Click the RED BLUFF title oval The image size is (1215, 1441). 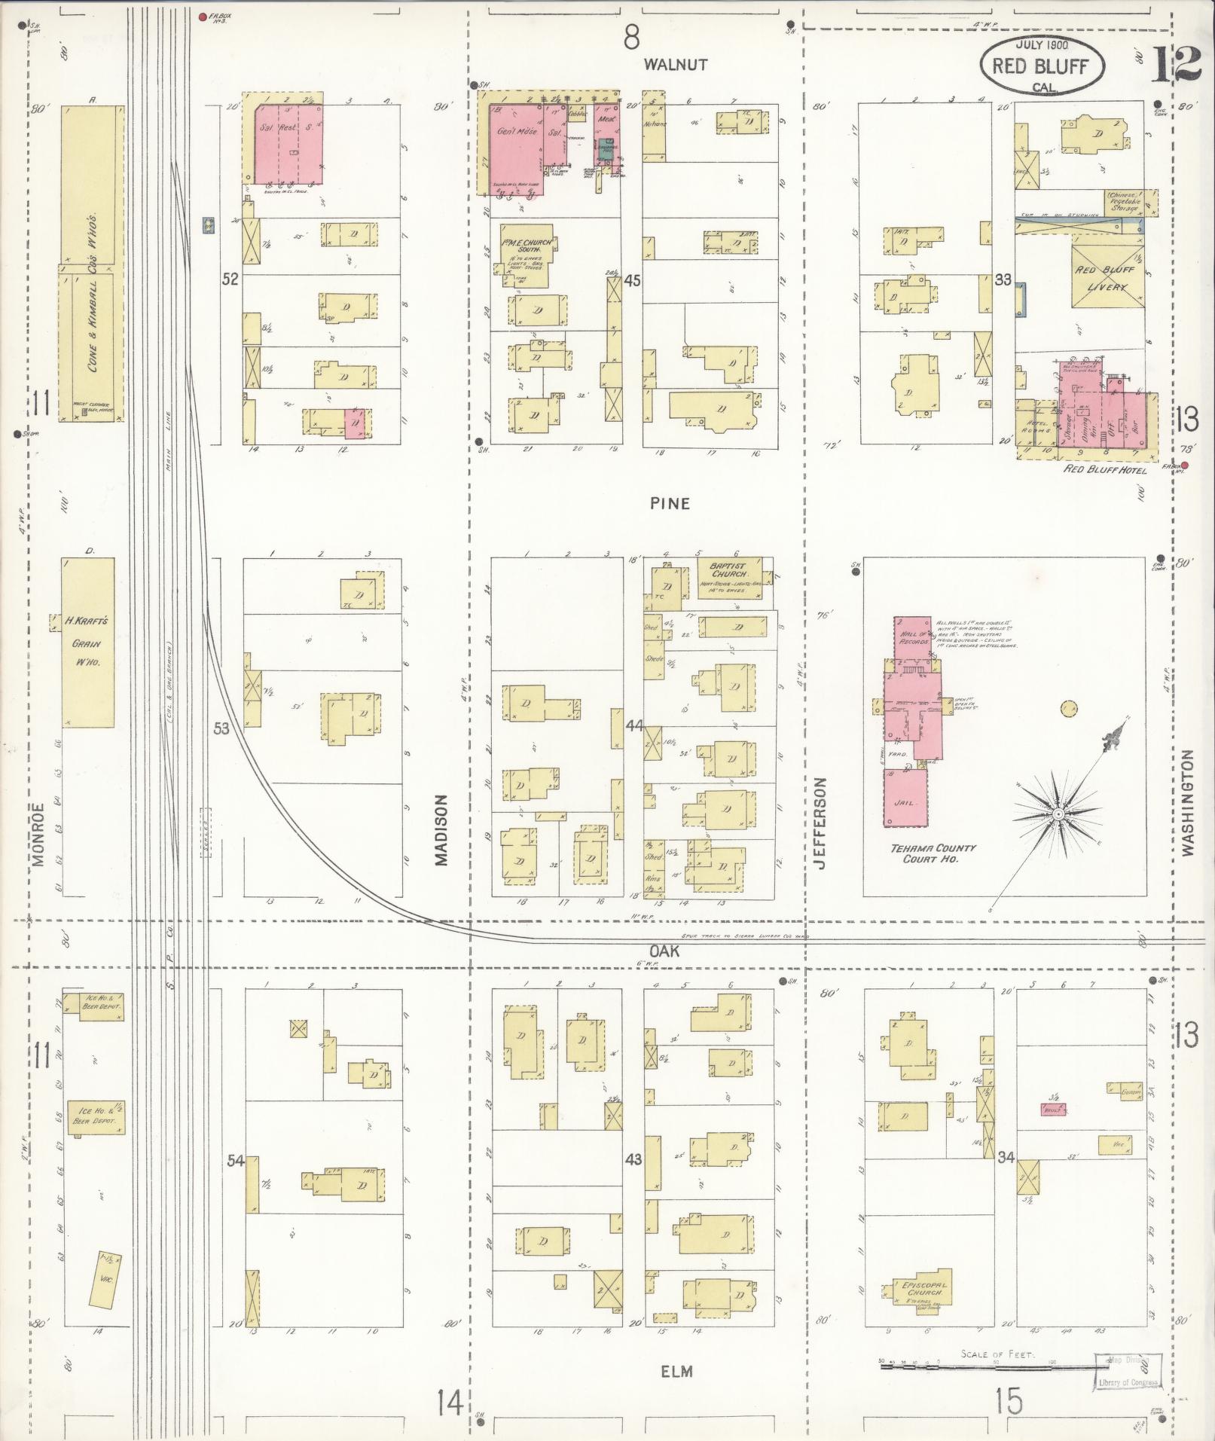tap(1041, 66)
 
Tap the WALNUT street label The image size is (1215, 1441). tap(676, 65)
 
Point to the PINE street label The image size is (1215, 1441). tap(670, 503)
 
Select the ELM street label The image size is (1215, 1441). tap(676, 1372)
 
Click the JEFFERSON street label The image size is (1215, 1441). tap(820, 823)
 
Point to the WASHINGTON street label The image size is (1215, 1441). tap(1188, 802)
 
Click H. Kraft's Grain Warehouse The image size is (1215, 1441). tap(87, 643)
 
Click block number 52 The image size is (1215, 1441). tap(230, 279)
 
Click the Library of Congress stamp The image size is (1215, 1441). tap(1126, 1370)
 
